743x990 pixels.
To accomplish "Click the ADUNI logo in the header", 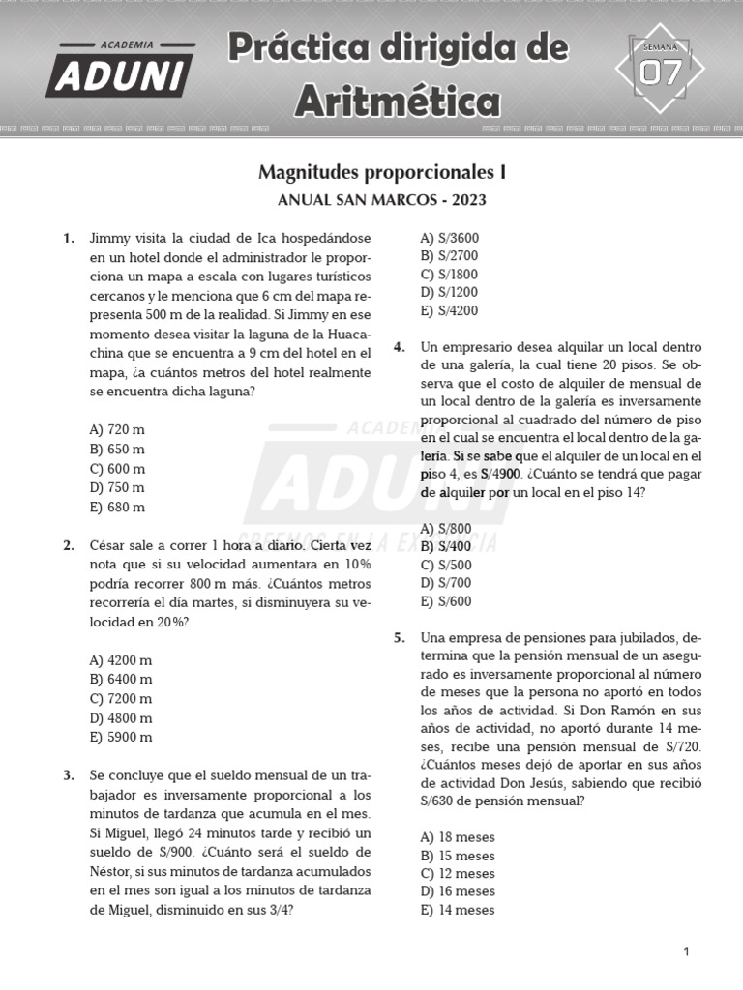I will (120, 71).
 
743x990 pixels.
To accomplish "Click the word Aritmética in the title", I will (398, 100).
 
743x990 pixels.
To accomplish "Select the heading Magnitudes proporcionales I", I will (382, 172).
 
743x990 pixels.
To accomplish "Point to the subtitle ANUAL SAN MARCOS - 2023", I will (382, 201).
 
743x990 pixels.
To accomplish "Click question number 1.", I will (69, 238).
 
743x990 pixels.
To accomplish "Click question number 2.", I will (69, 545).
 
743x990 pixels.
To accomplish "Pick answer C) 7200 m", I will (121, 698).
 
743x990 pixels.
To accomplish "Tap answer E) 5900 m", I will (121, 737).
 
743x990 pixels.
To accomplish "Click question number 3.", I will (69, 775).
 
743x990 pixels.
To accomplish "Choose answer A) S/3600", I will (449, 238).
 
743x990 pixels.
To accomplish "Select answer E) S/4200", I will (449, 311).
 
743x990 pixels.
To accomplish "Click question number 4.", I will (399, 347).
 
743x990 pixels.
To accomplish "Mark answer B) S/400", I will (446, 546).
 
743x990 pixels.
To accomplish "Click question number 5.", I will (399, 637).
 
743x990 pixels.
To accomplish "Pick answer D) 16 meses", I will (458, 891).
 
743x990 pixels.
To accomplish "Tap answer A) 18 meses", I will (458, 837).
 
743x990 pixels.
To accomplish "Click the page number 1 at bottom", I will (686, 952).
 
